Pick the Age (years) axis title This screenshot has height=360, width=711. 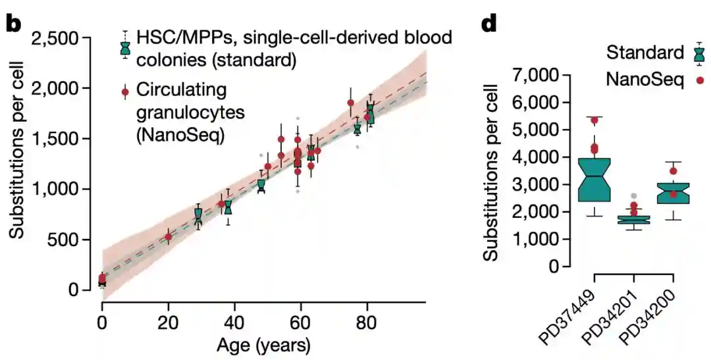click(263, 345)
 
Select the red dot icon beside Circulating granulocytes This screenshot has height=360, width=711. click(125, 92)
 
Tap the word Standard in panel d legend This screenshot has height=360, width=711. click(645, 53)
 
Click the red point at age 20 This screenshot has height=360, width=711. click(168, 237)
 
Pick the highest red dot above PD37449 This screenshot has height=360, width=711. click(594, 120)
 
